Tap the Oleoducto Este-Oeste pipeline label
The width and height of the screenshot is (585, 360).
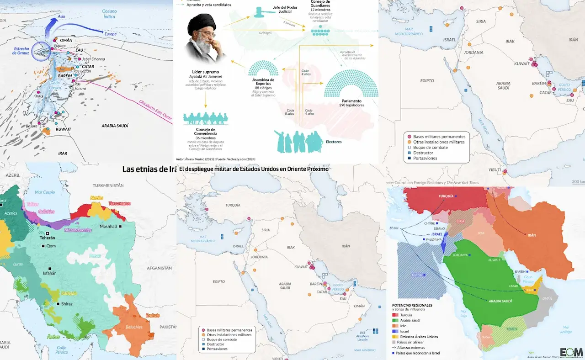(x=156, y=109)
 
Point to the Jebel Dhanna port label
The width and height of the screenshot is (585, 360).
(x=93, y=59)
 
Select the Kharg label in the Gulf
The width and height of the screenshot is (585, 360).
(x=38, y=96)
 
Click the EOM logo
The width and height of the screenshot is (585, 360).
(x=571, y=352)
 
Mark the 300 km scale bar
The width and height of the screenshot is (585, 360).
(x=578, y=182)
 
